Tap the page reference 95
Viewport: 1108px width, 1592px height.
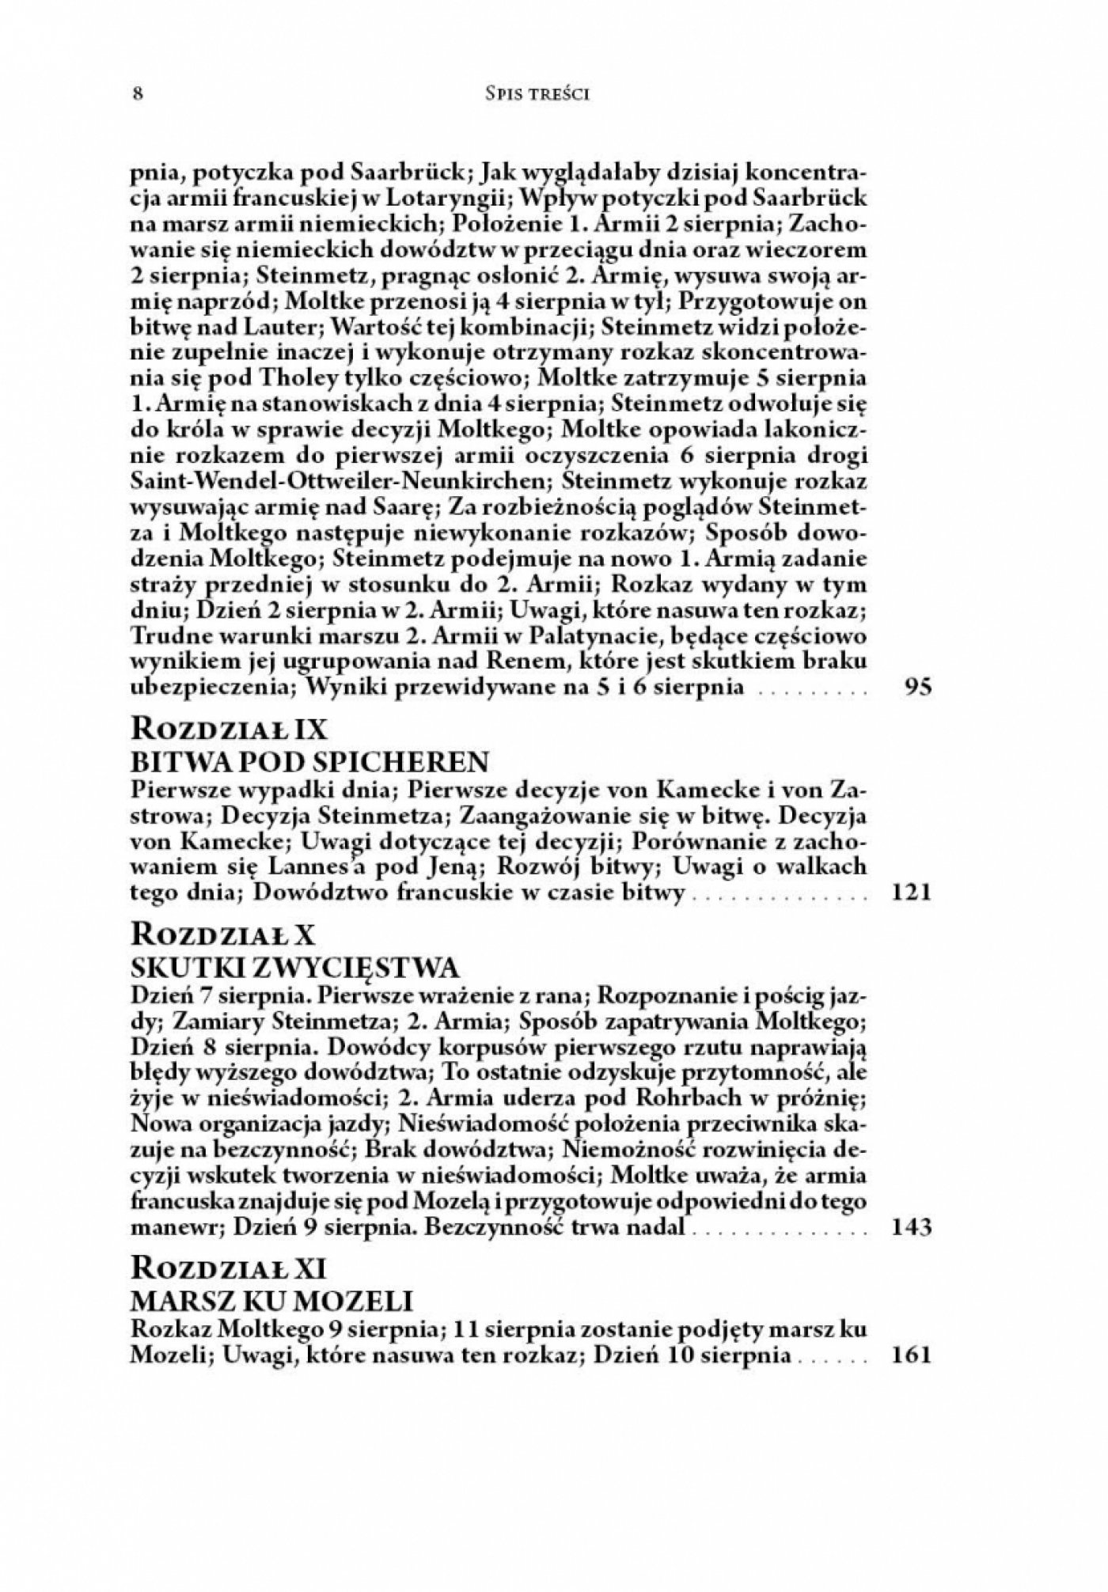[918, 686]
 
